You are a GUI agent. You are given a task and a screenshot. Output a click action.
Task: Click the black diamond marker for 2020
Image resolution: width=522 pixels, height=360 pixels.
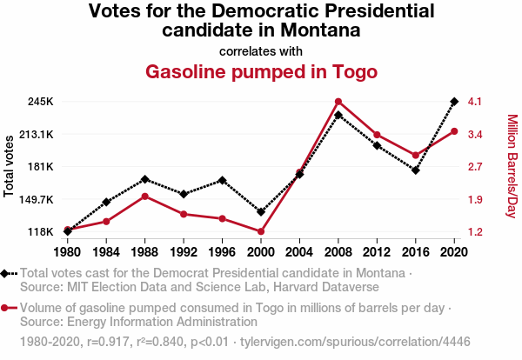coord(454,102)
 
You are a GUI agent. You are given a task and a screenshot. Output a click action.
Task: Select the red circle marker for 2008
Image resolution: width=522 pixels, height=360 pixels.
coord(338,102)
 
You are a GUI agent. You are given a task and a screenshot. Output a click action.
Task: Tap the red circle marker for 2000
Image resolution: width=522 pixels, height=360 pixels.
coord(261,231)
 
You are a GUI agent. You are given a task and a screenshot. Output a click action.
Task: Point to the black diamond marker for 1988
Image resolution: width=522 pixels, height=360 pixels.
coord(144,179)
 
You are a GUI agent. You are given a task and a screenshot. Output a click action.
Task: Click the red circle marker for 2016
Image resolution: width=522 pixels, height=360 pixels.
coord(416,155)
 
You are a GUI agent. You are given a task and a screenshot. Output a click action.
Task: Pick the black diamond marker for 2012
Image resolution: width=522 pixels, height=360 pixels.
coord(377,145)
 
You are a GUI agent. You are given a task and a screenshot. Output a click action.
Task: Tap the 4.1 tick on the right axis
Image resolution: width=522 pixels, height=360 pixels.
coord(474,102)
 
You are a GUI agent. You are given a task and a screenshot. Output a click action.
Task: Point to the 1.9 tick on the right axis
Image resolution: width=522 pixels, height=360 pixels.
coord(474,199)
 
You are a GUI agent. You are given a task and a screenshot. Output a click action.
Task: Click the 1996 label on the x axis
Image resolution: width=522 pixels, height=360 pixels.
coord(222,252)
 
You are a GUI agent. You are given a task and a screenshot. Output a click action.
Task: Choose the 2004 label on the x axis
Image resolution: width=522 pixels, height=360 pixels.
coord(299,252)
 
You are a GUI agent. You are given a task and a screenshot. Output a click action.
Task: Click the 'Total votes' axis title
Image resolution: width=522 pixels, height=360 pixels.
coord(10,165)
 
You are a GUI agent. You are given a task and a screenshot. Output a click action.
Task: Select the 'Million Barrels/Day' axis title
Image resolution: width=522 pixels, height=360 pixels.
coord(512,165)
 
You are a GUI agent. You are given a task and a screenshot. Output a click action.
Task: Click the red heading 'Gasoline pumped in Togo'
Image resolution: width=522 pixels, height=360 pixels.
coord(261,71)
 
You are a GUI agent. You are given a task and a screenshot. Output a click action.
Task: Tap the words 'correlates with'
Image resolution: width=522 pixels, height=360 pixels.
coord(261,50)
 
